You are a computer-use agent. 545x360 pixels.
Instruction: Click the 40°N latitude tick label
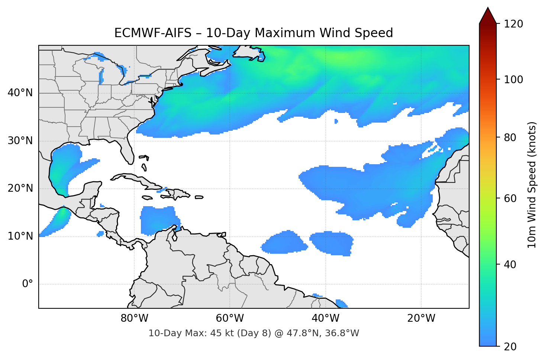tap(20, 93)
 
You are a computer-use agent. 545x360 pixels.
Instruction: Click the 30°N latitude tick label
tap(20, 141)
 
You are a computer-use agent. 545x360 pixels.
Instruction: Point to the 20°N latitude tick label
tap(20, 188)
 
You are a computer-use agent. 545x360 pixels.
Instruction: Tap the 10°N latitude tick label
tap(20, 236)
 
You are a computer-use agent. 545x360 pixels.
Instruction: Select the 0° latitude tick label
tap(28, 284)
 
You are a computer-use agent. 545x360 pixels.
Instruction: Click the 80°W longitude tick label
tap(135, 318)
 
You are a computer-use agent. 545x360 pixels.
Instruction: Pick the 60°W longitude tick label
tap(230, 318)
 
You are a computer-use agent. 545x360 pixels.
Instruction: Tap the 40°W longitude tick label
tap(326, 318)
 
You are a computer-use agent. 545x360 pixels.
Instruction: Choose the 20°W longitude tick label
tap(421, 318)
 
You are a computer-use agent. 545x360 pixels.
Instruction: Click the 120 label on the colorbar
tap(513, 24)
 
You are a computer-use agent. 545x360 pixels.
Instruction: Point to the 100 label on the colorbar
tap(513, 80)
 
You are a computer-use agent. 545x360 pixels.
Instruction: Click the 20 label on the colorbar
tap(510, 347)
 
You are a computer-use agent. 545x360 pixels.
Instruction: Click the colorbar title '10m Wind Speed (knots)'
tap(532, 185)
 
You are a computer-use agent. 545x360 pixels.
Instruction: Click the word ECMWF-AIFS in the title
tap(153, 33)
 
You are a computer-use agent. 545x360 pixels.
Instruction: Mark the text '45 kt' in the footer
tap(221, 333)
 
